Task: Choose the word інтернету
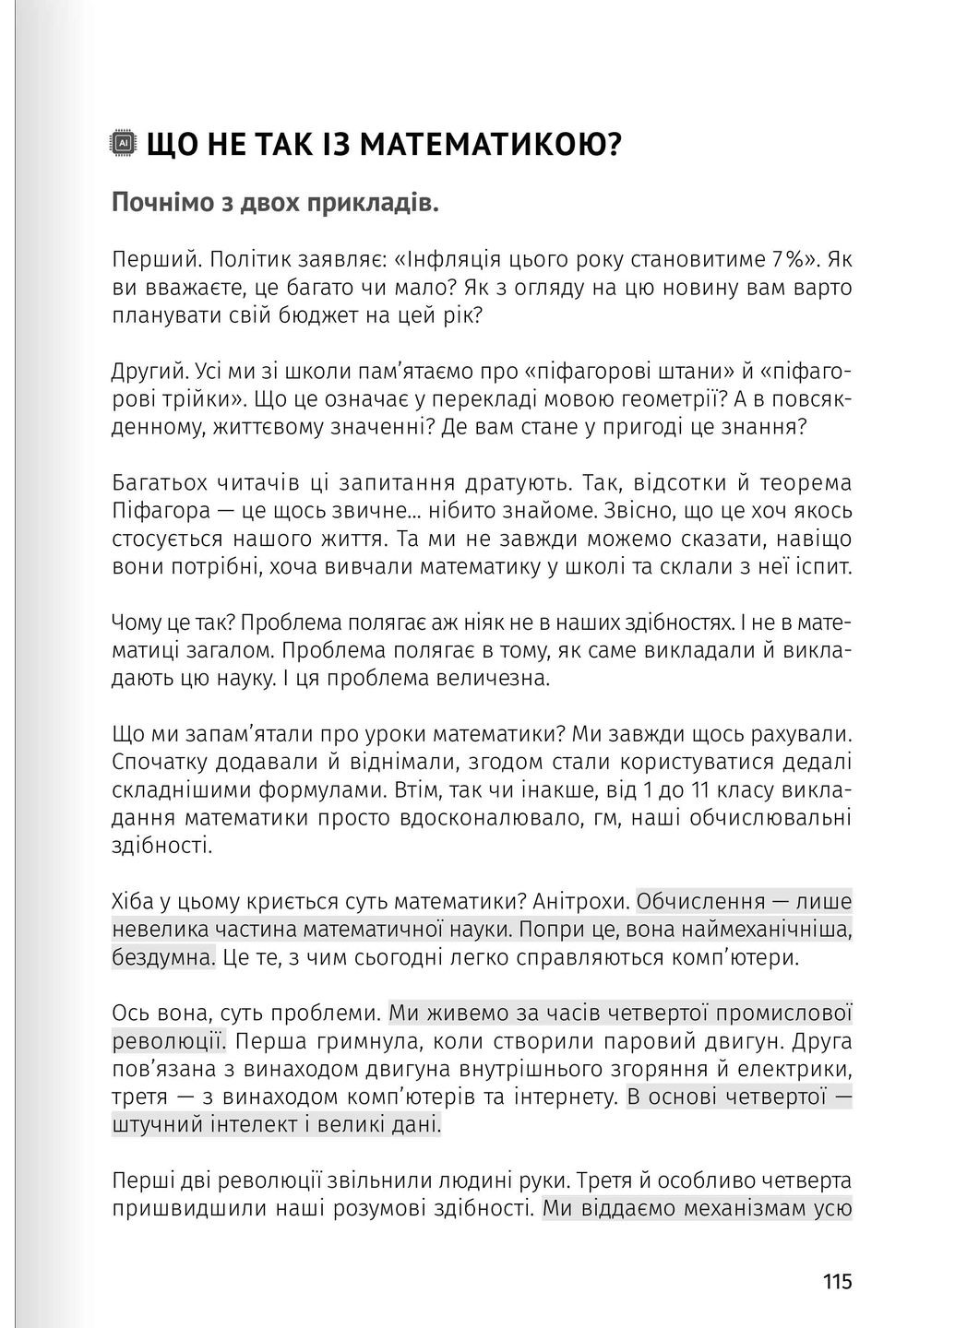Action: coord(562,1097)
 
